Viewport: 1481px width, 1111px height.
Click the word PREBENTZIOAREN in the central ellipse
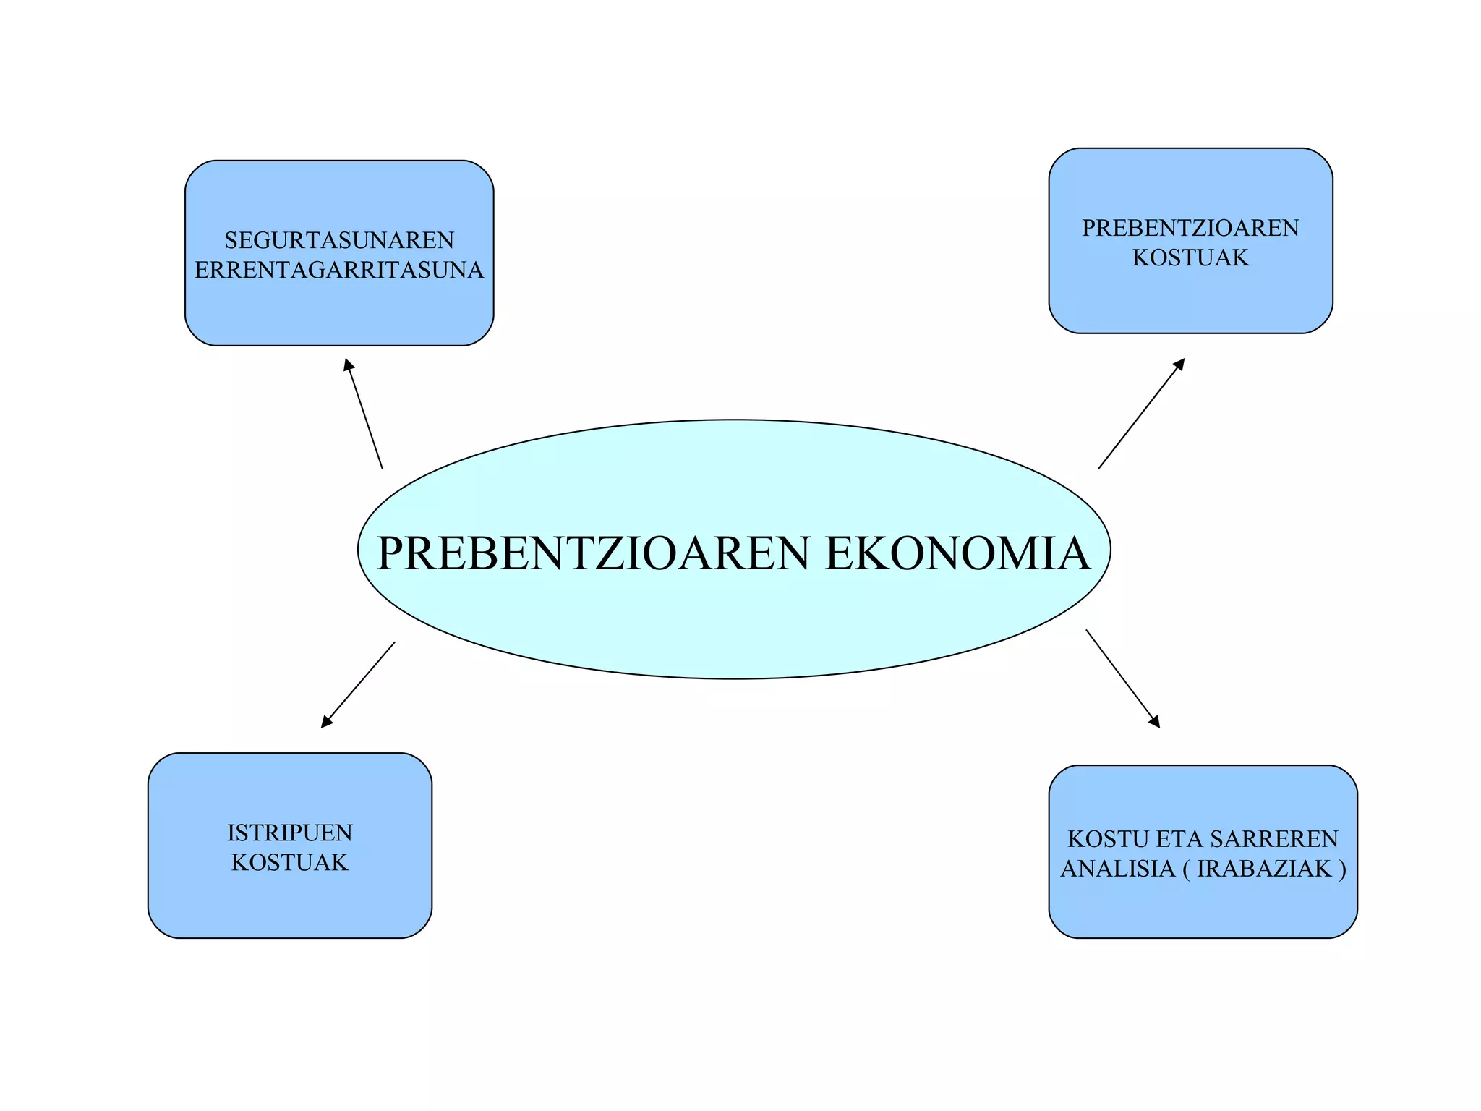pos(593,553)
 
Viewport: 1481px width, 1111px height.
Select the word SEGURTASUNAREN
pos(339,240)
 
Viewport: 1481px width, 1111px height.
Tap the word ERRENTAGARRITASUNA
pos(339,270)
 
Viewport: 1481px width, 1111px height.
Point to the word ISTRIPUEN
pos(290,833)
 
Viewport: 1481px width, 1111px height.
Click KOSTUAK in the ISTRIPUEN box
pos(290,862)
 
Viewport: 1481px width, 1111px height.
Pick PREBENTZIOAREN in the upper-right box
pos(1190,228)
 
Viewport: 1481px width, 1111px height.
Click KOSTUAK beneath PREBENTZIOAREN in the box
pos(1190,257)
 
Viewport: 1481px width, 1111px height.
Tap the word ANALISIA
pos(1118,869)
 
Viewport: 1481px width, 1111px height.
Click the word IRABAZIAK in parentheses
pos(1264,869)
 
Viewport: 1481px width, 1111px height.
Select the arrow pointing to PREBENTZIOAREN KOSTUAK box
pos(1141,414)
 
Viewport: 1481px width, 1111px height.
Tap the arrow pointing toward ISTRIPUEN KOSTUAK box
pos(359,684)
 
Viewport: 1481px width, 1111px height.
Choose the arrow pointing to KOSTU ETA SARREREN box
pos(1122,678)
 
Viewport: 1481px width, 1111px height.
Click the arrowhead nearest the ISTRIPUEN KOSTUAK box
pos(326,722)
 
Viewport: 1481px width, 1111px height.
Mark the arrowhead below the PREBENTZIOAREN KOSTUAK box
pos(1179,364)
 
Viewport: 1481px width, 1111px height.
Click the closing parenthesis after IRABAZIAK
pos(1342,869)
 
